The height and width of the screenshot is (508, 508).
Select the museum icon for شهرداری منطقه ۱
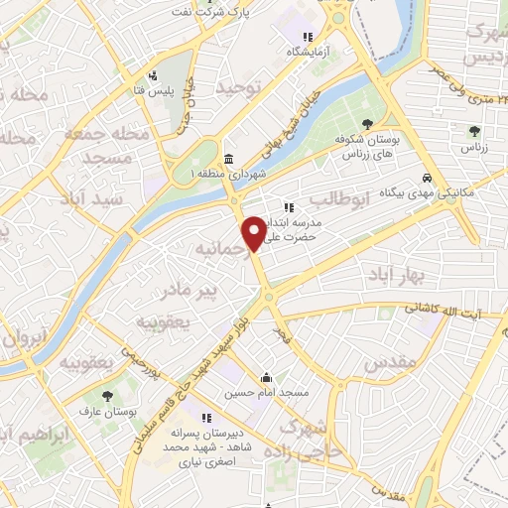coord(228,160)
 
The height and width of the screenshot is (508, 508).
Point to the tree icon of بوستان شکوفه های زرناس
coord(367,124)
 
